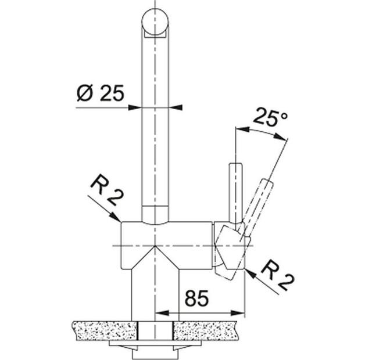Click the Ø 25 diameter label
click(99, 93)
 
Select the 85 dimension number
click(197, 299)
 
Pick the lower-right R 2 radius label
click(277, 275)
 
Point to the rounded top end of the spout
click(156, 21)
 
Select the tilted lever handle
click(259, 200)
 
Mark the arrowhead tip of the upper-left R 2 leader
click(120, 222)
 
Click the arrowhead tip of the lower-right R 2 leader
click(246, 271)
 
